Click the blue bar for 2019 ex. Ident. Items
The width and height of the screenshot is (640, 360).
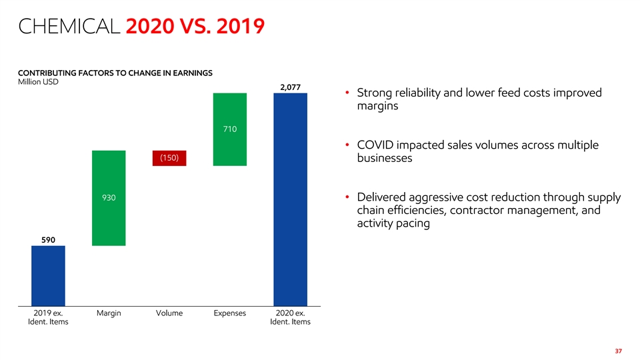pos(48,276)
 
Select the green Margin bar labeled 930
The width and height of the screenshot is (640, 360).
pos(109,198)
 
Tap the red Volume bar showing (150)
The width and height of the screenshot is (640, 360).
pos(169,158)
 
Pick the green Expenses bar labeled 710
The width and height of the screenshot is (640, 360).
pos(230,129)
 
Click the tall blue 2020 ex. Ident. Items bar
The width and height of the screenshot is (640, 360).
pos(290,199)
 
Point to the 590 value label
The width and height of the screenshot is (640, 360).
pos(48,239)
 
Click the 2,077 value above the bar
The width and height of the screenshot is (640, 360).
pos(290,87)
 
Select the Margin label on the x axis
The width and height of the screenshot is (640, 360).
pos(109,313)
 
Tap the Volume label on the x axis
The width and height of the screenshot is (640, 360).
pos(169,313)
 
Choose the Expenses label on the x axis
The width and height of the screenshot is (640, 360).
pos(230,313)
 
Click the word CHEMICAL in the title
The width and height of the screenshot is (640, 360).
pos(69,26)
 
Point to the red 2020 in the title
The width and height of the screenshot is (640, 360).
pos(150,26)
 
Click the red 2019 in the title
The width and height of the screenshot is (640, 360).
pos(241,26)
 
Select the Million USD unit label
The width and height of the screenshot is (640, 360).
pos(38,81)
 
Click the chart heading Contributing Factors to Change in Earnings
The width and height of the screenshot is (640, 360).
pos(115,73)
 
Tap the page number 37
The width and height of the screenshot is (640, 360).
pos(619,351)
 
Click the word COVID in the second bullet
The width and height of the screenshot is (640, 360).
pos(375,145)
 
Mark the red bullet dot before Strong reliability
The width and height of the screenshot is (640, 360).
pos(347,93)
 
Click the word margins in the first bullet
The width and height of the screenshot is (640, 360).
pos(377,106)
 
